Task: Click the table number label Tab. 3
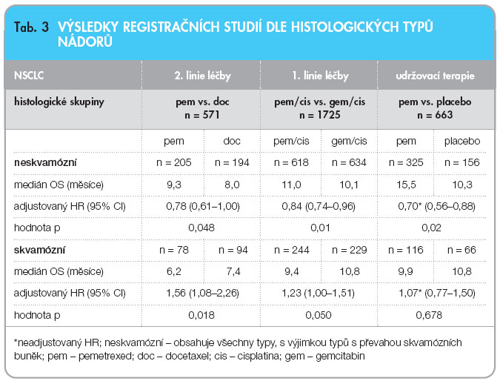31,27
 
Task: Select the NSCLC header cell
29,76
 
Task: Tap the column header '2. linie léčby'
202,76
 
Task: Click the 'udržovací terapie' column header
435,76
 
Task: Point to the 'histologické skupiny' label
59,102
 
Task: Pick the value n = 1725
320,115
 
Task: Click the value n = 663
435,115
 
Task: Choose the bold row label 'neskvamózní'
45,163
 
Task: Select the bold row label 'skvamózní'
39,250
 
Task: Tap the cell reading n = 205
174,163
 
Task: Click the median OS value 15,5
406,185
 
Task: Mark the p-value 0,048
201,228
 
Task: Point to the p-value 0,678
429,315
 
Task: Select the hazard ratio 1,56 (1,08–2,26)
202,293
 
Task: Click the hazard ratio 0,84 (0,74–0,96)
319,207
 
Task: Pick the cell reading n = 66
461,250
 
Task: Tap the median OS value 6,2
174,271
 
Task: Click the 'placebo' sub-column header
462,141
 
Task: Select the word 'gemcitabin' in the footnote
340,356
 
